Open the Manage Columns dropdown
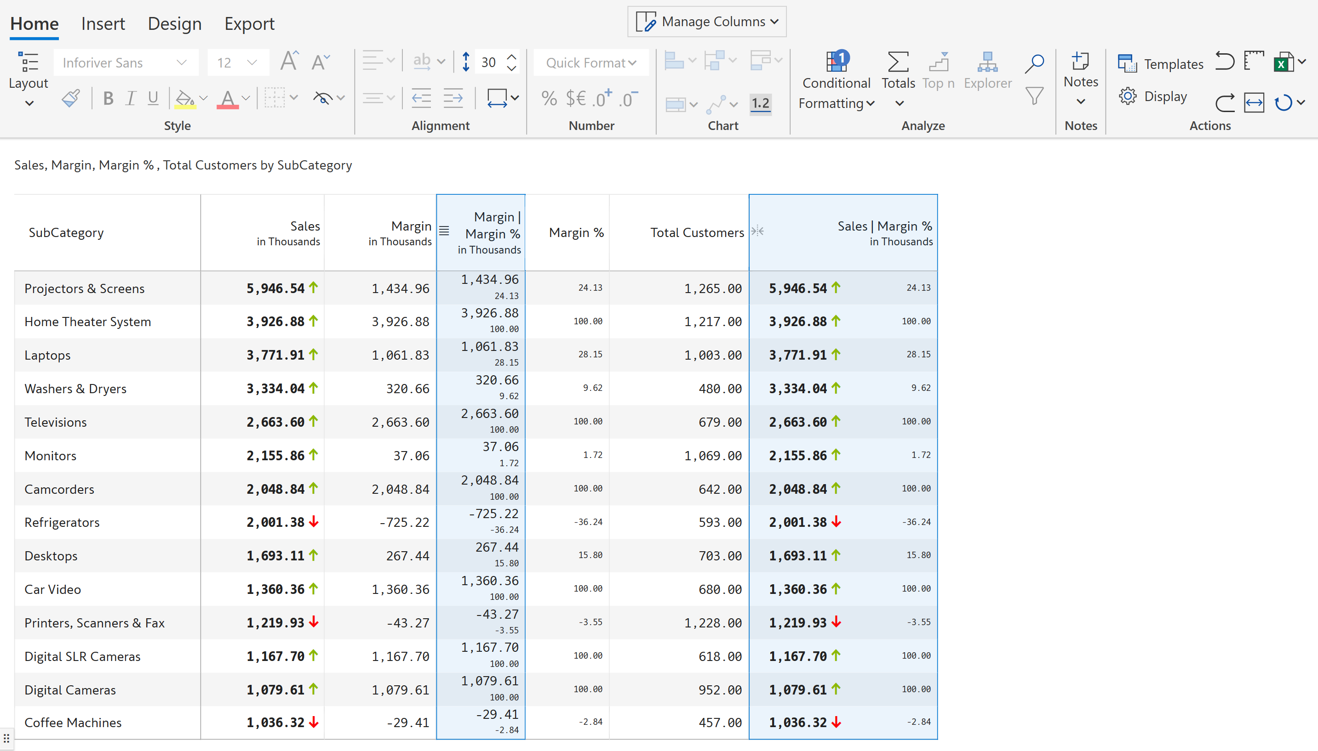pos(706,22)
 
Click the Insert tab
pos(103,24)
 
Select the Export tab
pos(249,24)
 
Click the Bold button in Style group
pos(108,98)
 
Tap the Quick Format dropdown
pos(590,63)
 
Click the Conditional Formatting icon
pos(837,62)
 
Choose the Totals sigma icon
pos(898,62)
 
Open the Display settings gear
pos(1128,96)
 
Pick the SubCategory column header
pos(66,232)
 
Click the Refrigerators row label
pos(62,523)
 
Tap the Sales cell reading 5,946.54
pos(275,288)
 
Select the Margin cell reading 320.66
pos(407,389)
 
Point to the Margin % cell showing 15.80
pos(590,555)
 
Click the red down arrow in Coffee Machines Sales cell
pos(313,723)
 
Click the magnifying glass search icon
pos(1034,63)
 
